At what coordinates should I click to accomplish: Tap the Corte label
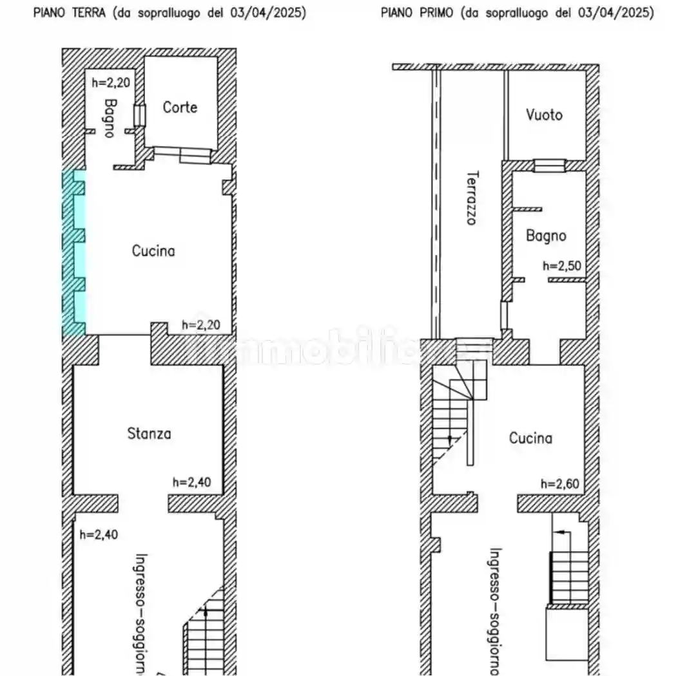pyautogui.click(x=180, y=108)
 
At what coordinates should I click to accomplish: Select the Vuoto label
pyautogui.click(x=544, y=115)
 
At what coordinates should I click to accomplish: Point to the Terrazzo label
pyautogui.click(x=471, y=197)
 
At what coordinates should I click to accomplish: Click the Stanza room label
pyautogui.click(x=149, y=434)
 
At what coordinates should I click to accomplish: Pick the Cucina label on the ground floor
pyautogui.click(x=153, y=250)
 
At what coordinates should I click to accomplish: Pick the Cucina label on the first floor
pyautogui.click(x=530, y=438)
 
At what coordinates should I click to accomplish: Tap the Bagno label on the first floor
pyautogui.click(x=546, y=236)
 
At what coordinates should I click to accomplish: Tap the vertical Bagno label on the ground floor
pyautogui.click(x=110, y=118)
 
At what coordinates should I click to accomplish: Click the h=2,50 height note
pyautogui.click(x=563, y=265)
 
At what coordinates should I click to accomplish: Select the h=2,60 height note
pyautogui.click(x=561, y=484)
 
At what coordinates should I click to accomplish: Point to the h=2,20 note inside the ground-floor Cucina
pyautogui.click(x=202, y=325)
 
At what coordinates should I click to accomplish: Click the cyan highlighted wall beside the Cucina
pyautogui.click(x=73, y=252)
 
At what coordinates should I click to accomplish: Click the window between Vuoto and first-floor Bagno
pyautogui.click(x=550, y=165)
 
